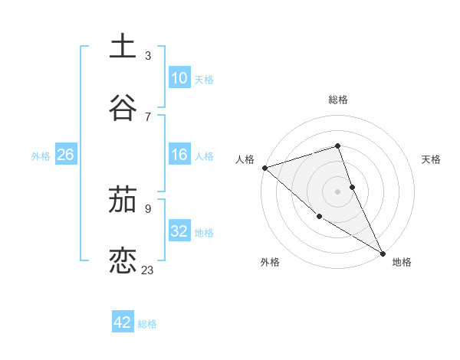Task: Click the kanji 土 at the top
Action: (x=123, y=46)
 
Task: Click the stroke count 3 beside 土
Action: (x=148, y=55)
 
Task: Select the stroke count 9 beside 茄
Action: (x=148, y=208)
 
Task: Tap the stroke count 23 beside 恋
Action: (x=148, y=270)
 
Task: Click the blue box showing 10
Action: (x=179, y=78)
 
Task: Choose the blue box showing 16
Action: (x=179, y=155)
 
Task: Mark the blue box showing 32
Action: (x=179, y=231)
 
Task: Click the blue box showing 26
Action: (x=66, y=155)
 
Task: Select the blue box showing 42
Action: (x=123, y=322)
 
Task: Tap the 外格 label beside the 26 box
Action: (x=41, y=155)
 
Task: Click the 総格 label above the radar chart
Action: (x=338, y=100)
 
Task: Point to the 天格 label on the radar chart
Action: (x=431, y=159)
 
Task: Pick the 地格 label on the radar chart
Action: (x=402, y=262)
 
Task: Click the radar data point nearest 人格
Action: (x=264, y=168)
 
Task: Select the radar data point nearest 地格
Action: (x=383, y=252)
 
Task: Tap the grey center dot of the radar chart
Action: (x=338, y=191)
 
